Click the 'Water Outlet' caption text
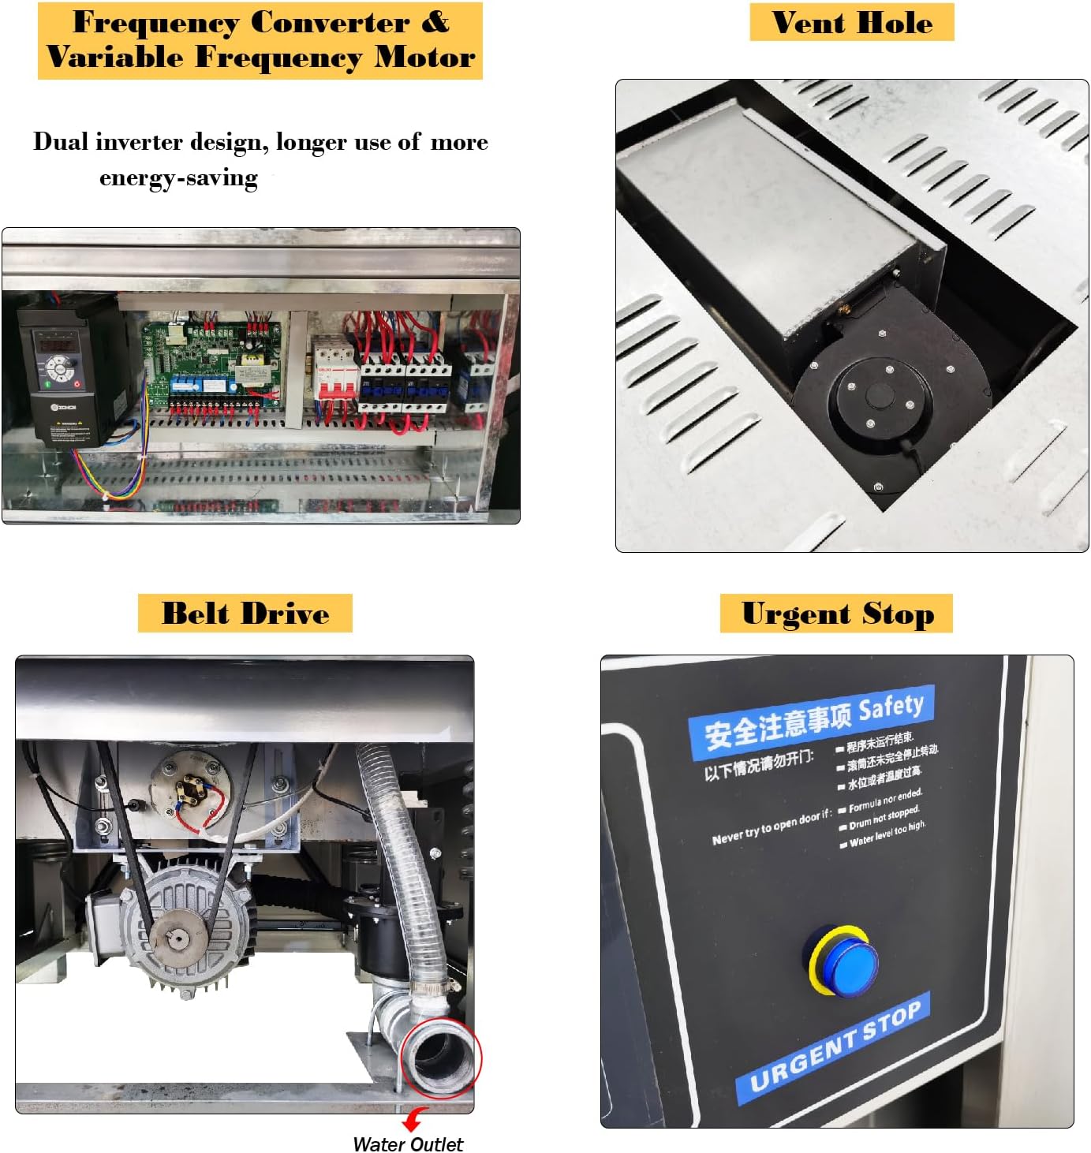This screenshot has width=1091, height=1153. (408, 1144)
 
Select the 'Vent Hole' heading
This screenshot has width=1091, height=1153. (852, 22)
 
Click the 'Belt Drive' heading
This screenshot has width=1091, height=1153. (245, 614)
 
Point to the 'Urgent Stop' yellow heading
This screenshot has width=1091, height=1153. (837, 614)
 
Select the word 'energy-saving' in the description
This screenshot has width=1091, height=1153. (178, 178)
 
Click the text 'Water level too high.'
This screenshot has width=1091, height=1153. (887, 834)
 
